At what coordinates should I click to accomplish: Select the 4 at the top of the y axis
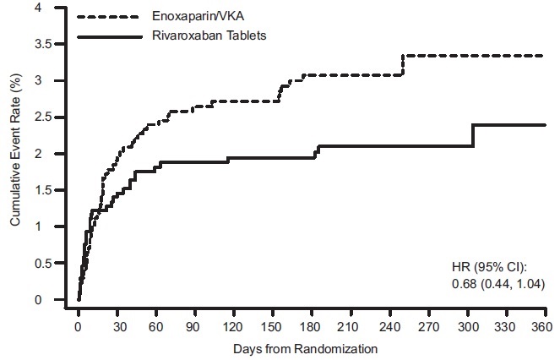[60, 8]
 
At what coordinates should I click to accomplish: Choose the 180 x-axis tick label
[311, 325]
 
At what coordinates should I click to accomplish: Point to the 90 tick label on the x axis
[194, 325]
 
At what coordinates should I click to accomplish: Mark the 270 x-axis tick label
[427, 325]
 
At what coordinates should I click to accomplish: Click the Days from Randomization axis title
[311, 346]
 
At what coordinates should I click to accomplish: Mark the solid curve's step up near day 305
[473, 135]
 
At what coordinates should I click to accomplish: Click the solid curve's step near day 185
[317, 151]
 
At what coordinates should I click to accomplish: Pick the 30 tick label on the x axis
[117, 325]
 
